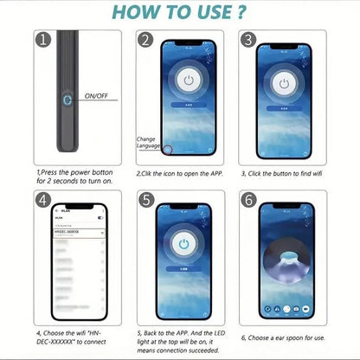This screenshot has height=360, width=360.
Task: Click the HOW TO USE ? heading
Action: [179, 13]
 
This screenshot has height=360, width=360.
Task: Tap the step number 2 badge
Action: [145, 40]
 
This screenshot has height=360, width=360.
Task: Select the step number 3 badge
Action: [248, 40]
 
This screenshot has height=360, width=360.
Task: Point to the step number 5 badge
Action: [145, 200]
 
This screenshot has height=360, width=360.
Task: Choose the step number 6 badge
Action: [248, 200]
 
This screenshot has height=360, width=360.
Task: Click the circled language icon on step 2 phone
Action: [168, 149]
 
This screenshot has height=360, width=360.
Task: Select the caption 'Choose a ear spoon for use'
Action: [283, 338]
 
